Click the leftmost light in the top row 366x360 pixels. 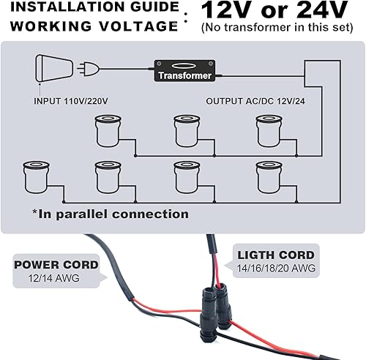tap(107, 130)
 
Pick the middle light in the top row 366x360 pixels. tap(186, 130)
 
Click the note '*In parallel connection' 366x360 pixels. tap(110, 214)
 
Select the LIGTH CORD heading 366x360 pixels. tap(276, 255)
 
